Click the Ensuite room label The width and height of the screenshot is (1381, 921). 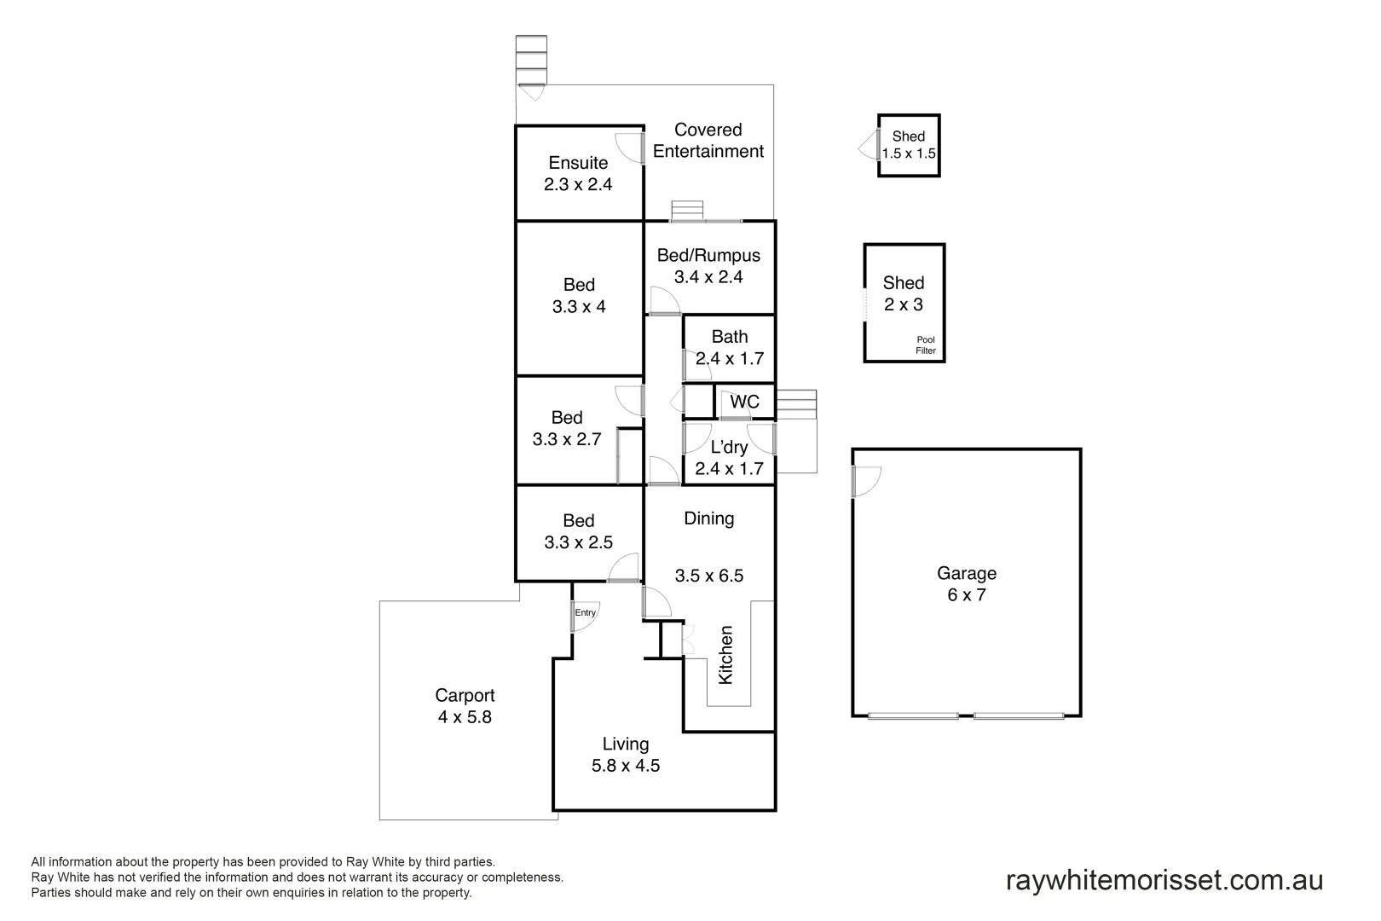578,163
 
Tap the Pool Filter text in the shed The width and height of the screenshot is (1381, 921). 925,345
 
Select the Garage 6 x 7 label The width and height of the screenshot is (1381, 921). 966,584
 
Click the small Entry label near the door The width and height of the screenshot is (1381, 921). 585,612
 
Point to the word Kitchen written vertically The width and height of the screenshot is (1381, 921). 725,654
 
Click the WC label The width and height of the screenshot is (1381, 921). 744,402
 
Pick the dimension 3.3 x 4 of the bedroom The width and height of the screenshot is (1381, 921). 579,307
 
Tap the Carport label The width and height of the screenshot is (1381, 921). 465,696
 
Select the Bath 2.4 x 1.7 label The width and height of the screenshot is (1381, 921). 730,348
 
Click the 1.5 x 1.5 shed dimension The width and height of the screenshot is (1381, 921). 909,154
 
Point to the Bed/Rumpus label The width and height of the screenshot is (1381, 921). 708,255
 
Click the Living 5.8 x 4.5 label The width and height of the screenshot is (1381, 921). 626,755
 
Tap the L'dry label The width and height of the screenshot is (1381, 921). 730,447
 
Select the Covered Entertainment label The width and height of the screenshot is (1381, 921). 708,141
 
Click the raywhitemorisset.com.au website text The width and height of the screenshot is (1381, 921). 1164,880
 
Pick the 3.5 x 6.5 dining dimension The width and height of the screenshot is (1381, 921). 708,576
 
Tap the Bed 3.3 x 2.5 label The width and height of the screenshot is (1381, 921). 578,531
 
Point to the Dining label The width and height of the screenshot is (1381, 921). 708,518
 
